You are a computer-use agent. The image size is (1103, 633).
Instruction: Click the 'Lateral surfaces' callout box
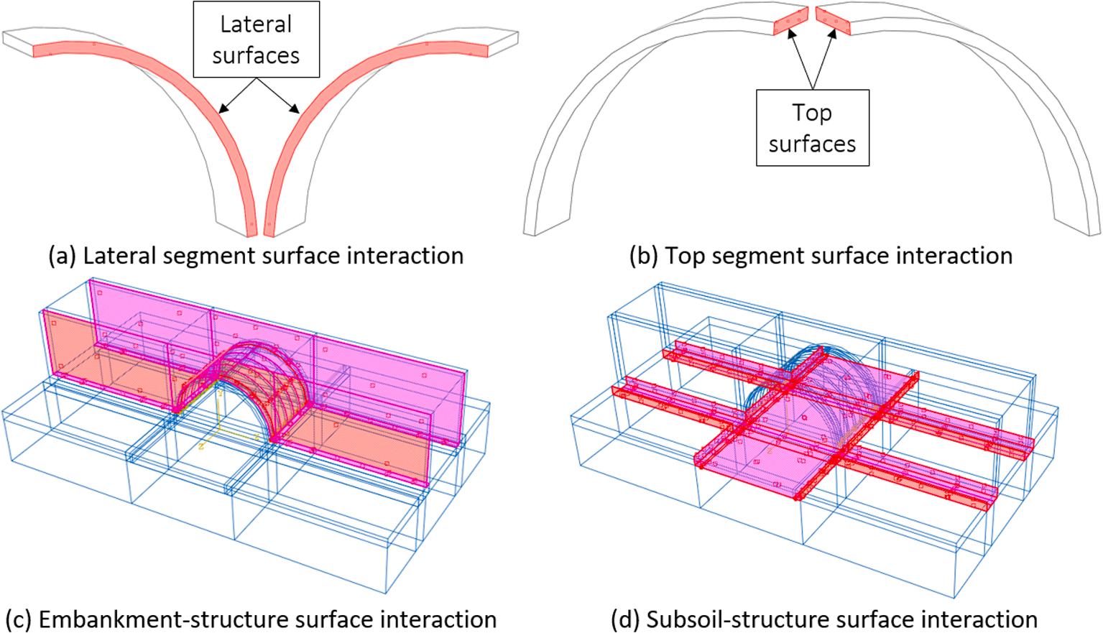(256, 40)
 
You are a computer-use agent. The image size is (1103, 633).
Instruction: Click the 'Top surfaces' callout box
(812, 128)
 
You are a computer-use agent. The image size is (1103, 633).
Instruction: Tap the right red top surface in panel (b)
(834, 23)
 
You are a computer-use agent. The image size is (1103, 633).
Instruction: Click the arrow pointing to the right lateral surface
(282, 96)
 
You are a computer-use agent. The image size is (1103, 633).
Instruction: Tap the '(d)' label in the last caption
(624, 619)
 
